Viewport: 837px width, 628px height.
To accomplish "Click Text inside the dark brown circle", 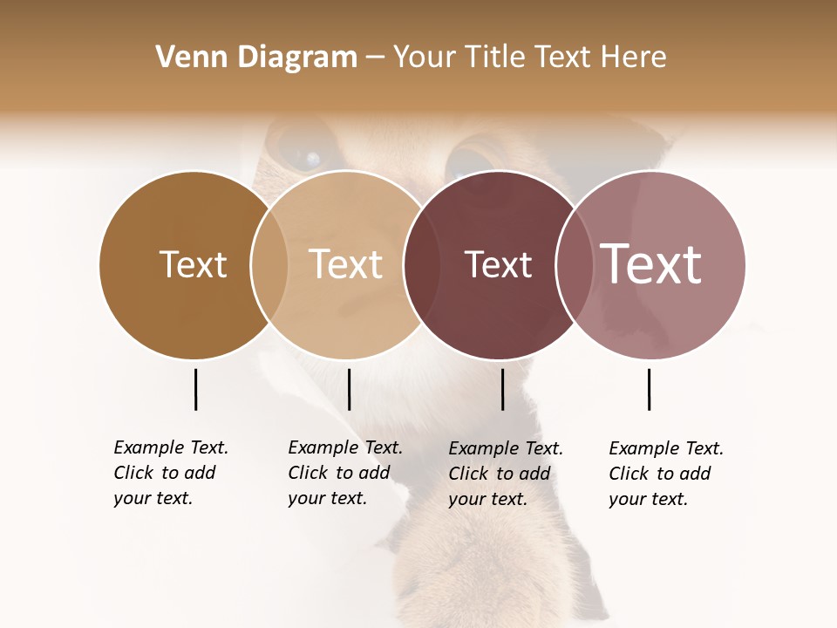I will [193, 264].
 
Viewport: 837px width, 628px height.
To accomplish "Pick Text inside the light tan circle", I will [345, 264].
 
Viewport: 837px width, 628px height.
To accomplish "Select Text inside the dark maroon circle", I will [498, 264].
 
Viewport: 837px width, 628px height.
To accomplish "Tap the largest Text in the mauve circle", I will [650, 264].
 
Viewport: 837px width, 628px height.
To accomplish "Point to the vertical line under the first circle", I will [195, 389].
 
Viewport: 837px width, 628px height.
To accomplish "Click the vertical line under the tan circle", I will [349, 389].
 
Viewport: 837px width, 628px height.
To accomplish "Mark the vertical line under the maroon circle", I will [502, 389].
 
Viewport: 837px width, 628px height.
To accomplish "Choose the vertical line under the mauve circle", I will [649, 389].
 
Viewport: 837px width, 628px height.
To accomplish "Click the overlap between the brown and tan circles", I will [269, 264].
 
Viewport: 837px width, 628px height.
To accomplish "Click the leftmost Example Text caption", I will [170, 473].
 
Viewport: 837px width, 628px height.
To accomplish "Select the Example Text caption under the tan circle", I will [344, 473].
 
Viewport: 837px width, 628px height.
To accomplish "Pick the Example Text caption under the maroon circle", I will [505, 474].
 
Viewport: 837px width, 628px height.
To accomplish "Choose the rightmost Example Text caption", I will [665, 474].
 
